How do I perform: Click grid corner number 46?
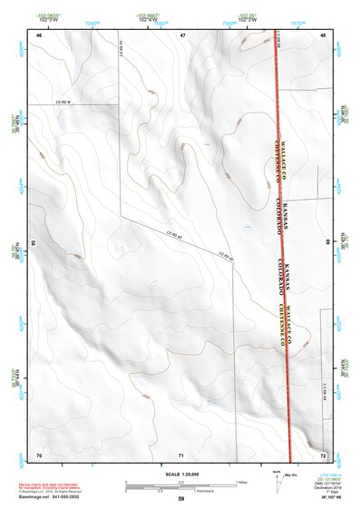tap(39, 34)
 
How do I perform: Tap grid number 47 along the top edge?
tap(182, 34)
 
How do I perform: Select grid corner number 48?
tap(324, 34)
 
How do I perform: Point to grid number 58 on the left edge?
tap(34, 243)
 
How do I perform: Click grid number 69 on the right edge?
tap(327, 243)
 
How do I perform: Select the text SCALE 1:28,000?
tap(181, 474)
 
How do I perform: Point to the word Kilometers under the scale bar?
tap(214, 490)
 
